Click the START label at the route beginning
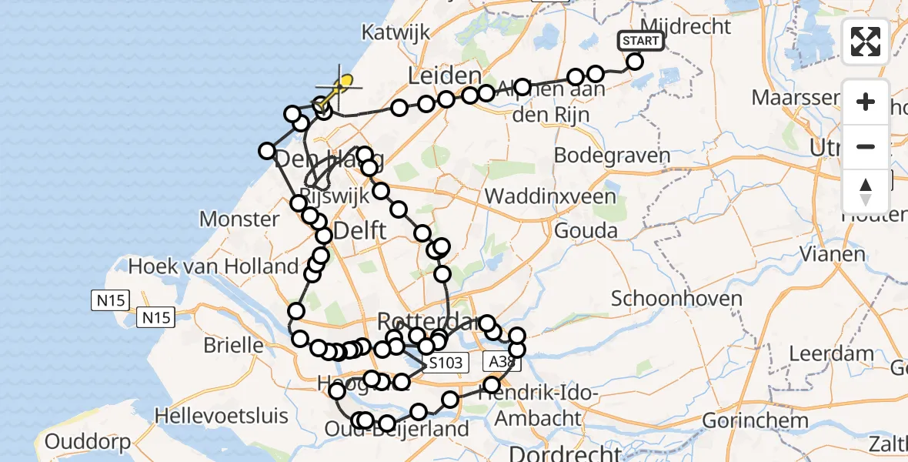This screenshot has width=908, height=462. click(x=640, y=41)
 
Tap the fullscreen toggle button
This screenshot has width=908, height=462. click(x=866, y=42)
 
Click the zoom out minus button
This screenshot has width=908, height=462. click(x=866, y=146)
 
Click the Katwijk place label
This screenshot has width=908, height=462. click(x=396, y=32)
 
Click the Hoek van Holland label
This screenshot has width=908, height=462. click(x=213, y=266)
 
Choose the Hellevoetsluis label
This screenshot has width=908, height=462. click(x=222, y=416)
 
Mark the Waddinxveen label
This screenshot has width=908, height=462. click(x=550, y=196)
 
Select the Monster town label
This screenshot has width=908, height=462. click(x=239, y=219)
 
